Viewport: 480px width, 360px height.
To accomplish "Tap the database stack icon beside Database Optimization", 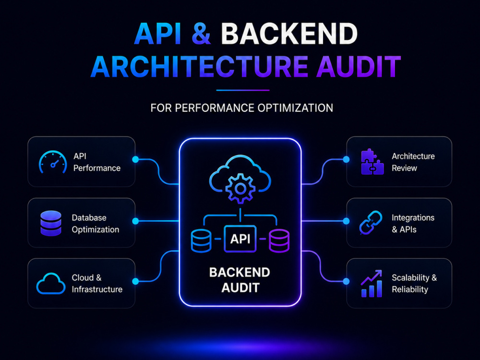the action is (x=51, y=223).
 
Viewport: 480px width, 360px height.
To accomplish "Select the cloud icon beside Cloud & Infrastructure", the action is (x=51, y=284).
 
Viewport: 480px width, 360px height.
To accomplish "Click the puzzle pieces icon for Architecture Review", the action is (x=372, y=162).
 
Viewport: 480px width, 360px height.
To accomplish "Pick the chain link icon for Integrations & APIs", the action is (x=371, y=223).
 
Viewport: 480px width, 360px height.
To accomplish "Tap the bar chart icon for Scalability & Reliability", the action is (x=372, y=284).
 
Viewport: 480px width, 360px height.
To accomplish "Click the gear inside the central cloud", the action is (x=240, y=188).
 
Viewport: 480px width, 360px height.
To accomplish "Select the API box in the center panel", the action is (x=240, y=239).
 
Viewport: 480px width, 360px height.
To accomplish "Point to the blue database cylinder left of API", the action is (x=201, y=240).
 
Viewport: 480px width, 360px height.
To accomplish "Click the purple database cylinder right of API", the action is (x=279, y=240).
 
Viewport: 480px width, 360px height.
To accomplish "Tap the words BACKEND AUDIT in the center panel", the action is (x=240, y=280).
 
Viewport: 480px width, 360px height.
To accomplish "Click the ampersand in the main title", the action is (x=201, y=34).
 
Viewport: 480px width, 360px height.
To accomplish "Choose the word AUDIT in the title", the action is (x=359, y=66).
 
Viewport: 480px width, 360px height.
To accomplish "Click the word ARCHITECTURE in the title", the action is (x=199, y=66).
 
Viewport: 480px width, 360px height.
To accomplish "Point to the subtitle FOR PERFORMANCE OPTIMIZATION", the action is (x=241, y=108).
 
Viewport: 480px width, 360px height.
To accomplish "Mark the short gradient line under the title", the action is (x=243, y=90).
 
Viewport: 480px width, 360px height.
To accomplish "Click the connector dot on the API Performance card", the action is (x=135, y=159).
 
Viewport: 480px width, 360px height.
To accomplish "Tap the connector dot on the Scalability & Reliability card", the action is (x=346, y=281).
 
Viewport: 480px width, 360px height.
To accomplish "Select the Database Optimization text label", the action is (x=96, y=224).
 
